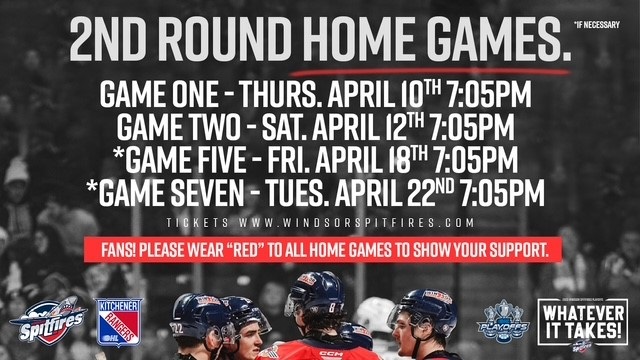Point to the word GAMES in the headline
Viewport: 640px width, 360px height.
coord(496,39)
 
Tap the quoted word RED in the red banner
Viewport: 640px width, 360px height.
coord(243,248)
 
